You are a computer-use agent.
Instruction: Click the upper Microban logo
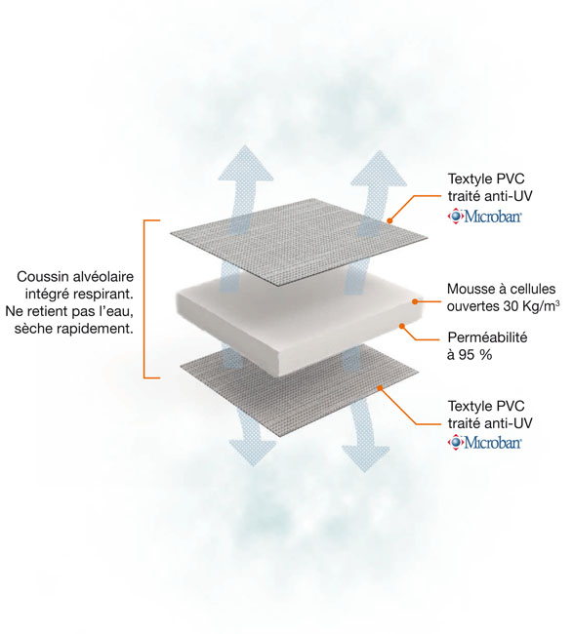[484, 216]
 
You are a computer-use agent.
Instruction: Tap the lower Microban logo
[484, 442]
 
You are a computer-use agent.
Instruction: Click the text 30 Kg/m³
[532, 306]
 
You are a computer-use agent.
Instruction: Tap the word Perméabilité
[487, 337]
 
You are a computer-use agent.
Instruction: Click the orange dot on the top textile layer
[389, 220]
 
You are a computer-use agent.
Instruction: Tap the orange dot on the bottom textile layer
[380, 388]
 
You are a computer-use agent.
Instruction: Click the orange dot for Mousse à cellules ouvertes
[415, 301]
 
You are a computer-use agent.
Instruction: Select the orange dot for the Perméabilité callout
[402, 326]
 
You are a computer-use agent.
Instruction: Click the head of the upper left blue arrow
[246, 164]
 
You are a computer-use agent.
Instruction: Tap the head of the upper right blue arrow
[379, 170]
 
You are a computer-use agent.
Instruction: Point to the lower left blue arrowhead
[253, 453]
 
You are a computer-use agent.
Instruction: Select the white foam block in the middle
[301, 324]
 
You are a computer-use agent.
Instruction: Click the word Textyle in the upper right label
[469, 179]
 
